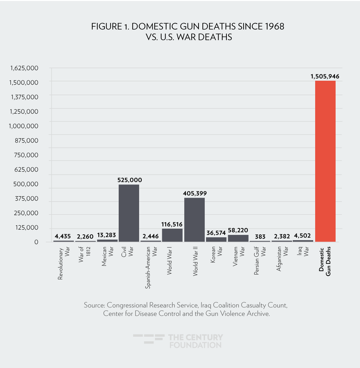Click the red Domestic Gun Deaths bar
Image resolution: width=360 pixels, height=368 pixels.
coord(325,161)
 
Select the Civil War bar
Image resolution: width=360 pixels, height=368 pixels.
coord(129,213)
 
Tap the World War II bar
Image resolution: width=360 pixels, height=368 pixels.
coord(195,220)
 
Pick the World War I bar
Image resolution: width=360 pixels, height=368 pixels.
coord(172,235)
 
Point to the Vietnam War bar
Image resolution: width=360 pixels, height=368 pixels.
coord(238,238)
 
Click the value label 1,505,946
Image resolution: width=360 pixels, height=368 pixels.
coord(325,76)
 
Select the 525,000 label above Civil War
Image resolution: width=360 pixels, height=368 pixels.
coord(130,180)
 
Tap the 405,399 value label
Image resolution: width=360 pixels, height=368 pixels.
coord(195,193)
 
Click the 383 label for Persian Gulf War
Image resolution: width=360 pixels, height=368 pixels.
coord(260,237)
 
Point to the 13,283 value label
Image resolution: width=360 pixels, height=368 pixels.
coord(106,235)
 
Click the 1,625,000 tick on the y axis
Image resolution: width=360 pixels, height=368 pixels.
coord(24,68)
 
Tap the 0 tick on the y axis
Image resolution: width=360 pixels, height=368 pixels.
coord(37,242)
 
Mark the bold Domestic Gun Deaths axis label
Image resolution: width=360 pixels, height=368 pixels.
coord(325,260)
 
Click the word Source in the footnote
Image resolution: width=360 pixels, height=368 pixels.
coord(94,305)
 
